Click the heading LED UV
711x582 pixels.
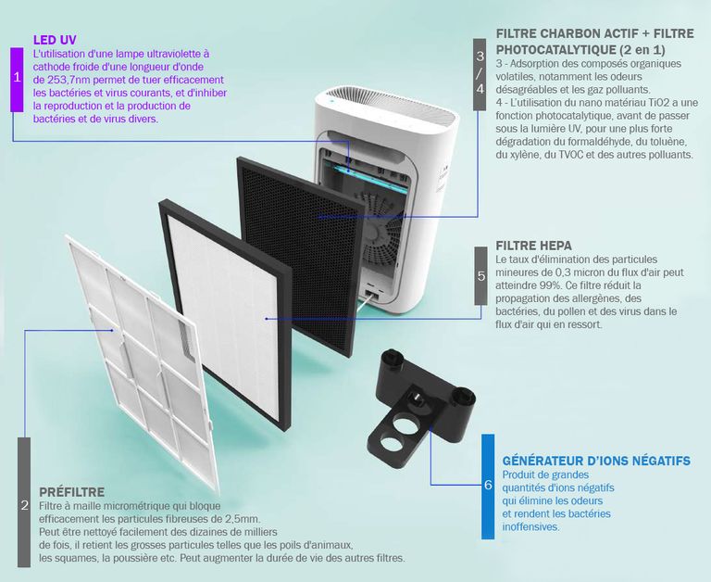click(x=55, y=40)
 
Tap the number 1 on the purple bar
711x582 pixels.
click(x=18, y=77)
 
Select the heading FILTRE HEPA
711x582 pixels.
click(x=533, y=246)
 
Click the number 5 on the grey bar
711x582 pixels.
click(x=480, y=276)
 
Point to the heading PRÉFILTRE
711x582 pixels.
click(x=71, y=492)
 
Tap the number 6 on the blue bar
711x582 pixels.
click(x=488, y=485)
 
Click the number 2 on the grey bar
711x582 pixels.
click(x=24, y=505)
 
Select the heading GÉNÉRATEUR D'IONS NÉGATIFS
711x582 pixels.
click(x=596, y=461)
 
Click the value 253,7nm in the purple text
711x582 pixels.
click(x=65, y=80)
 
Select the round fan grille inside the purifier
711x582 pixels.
click(x=380, y=232)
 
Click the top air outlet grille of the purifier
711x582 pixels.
click(x=393, y=106)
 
